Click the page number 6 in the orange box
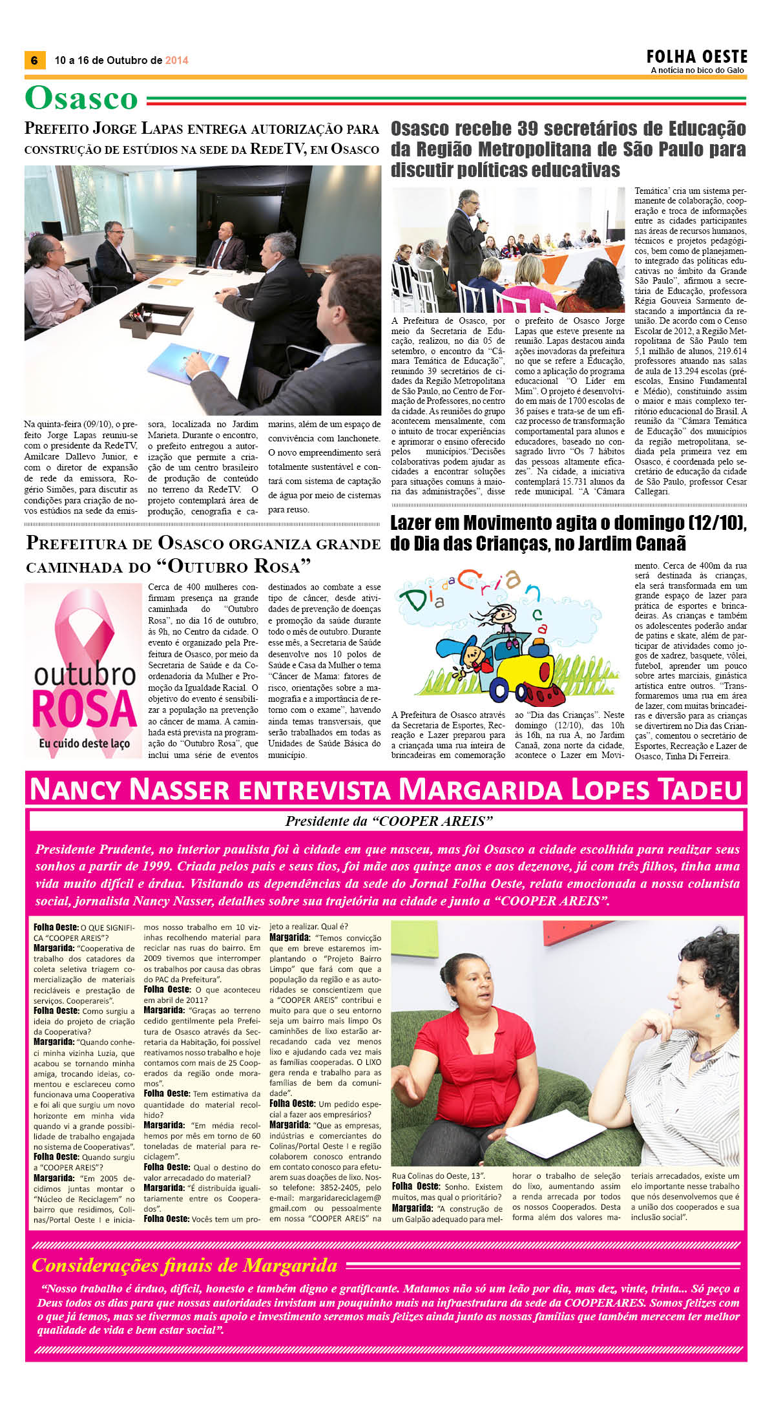pyautogui.click(x=34, y=60)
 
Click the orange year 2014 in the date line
pyautogui.click(x=176, y=60)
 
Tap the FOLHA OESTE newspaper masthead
pyautogui.click(x=697, y=56)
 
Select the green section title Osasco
pyautogui.click(x=81, y=99)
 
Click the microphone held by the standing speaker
pyautogui.click(x=479, y=220)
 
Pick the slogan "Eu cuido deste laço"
pyautogui.click(x=84, y=743)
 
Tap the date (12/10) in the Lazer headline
pyautogui.click(x=712, y=523)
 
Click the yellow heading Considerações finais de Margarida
pyautogui.click(x=185, y=1265)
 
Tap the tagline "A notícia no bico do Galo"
pyautogui.click(x=697, y=70)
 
